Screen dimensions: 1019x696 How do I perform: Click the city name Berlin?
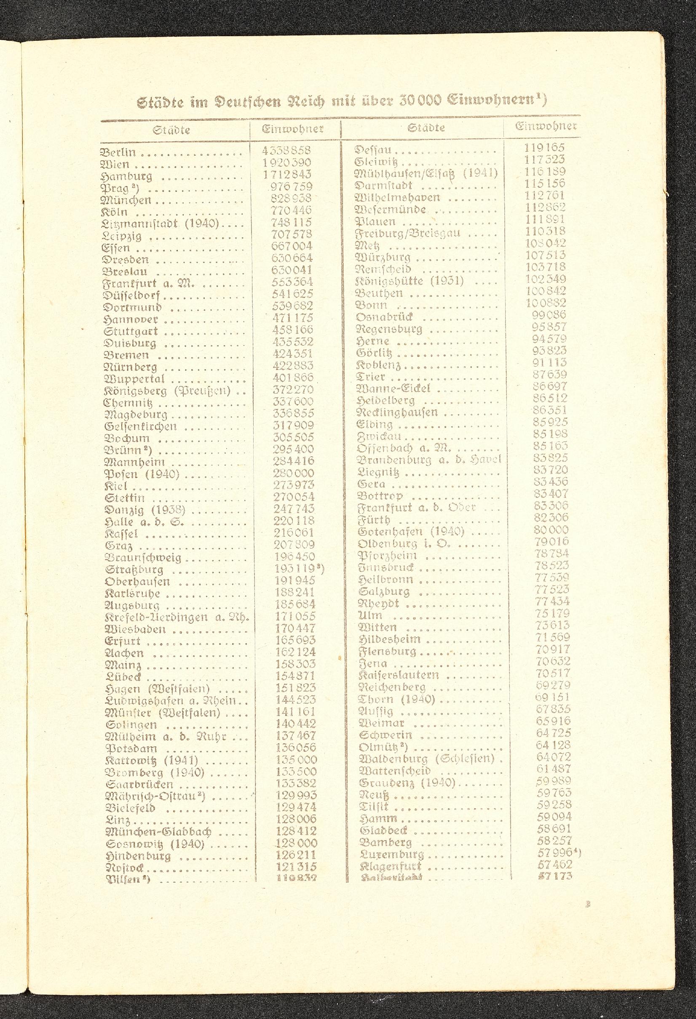tap(118, 153)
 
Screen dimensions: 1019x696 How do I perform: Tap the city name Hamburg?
tap(126, 177)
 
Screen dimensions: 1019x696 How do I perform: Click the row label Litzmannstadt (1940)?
tap(160, 223)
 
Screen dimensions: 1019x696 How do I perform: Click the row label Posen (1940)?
tap(142, 474)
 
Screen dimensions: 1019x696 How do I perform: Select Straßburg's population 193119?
tap(294, 569)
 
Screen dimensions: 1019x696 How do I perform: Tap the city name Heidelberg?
tap(386, 400)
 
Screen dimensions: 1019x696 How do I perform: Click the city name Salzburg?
tap(383, 592)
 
